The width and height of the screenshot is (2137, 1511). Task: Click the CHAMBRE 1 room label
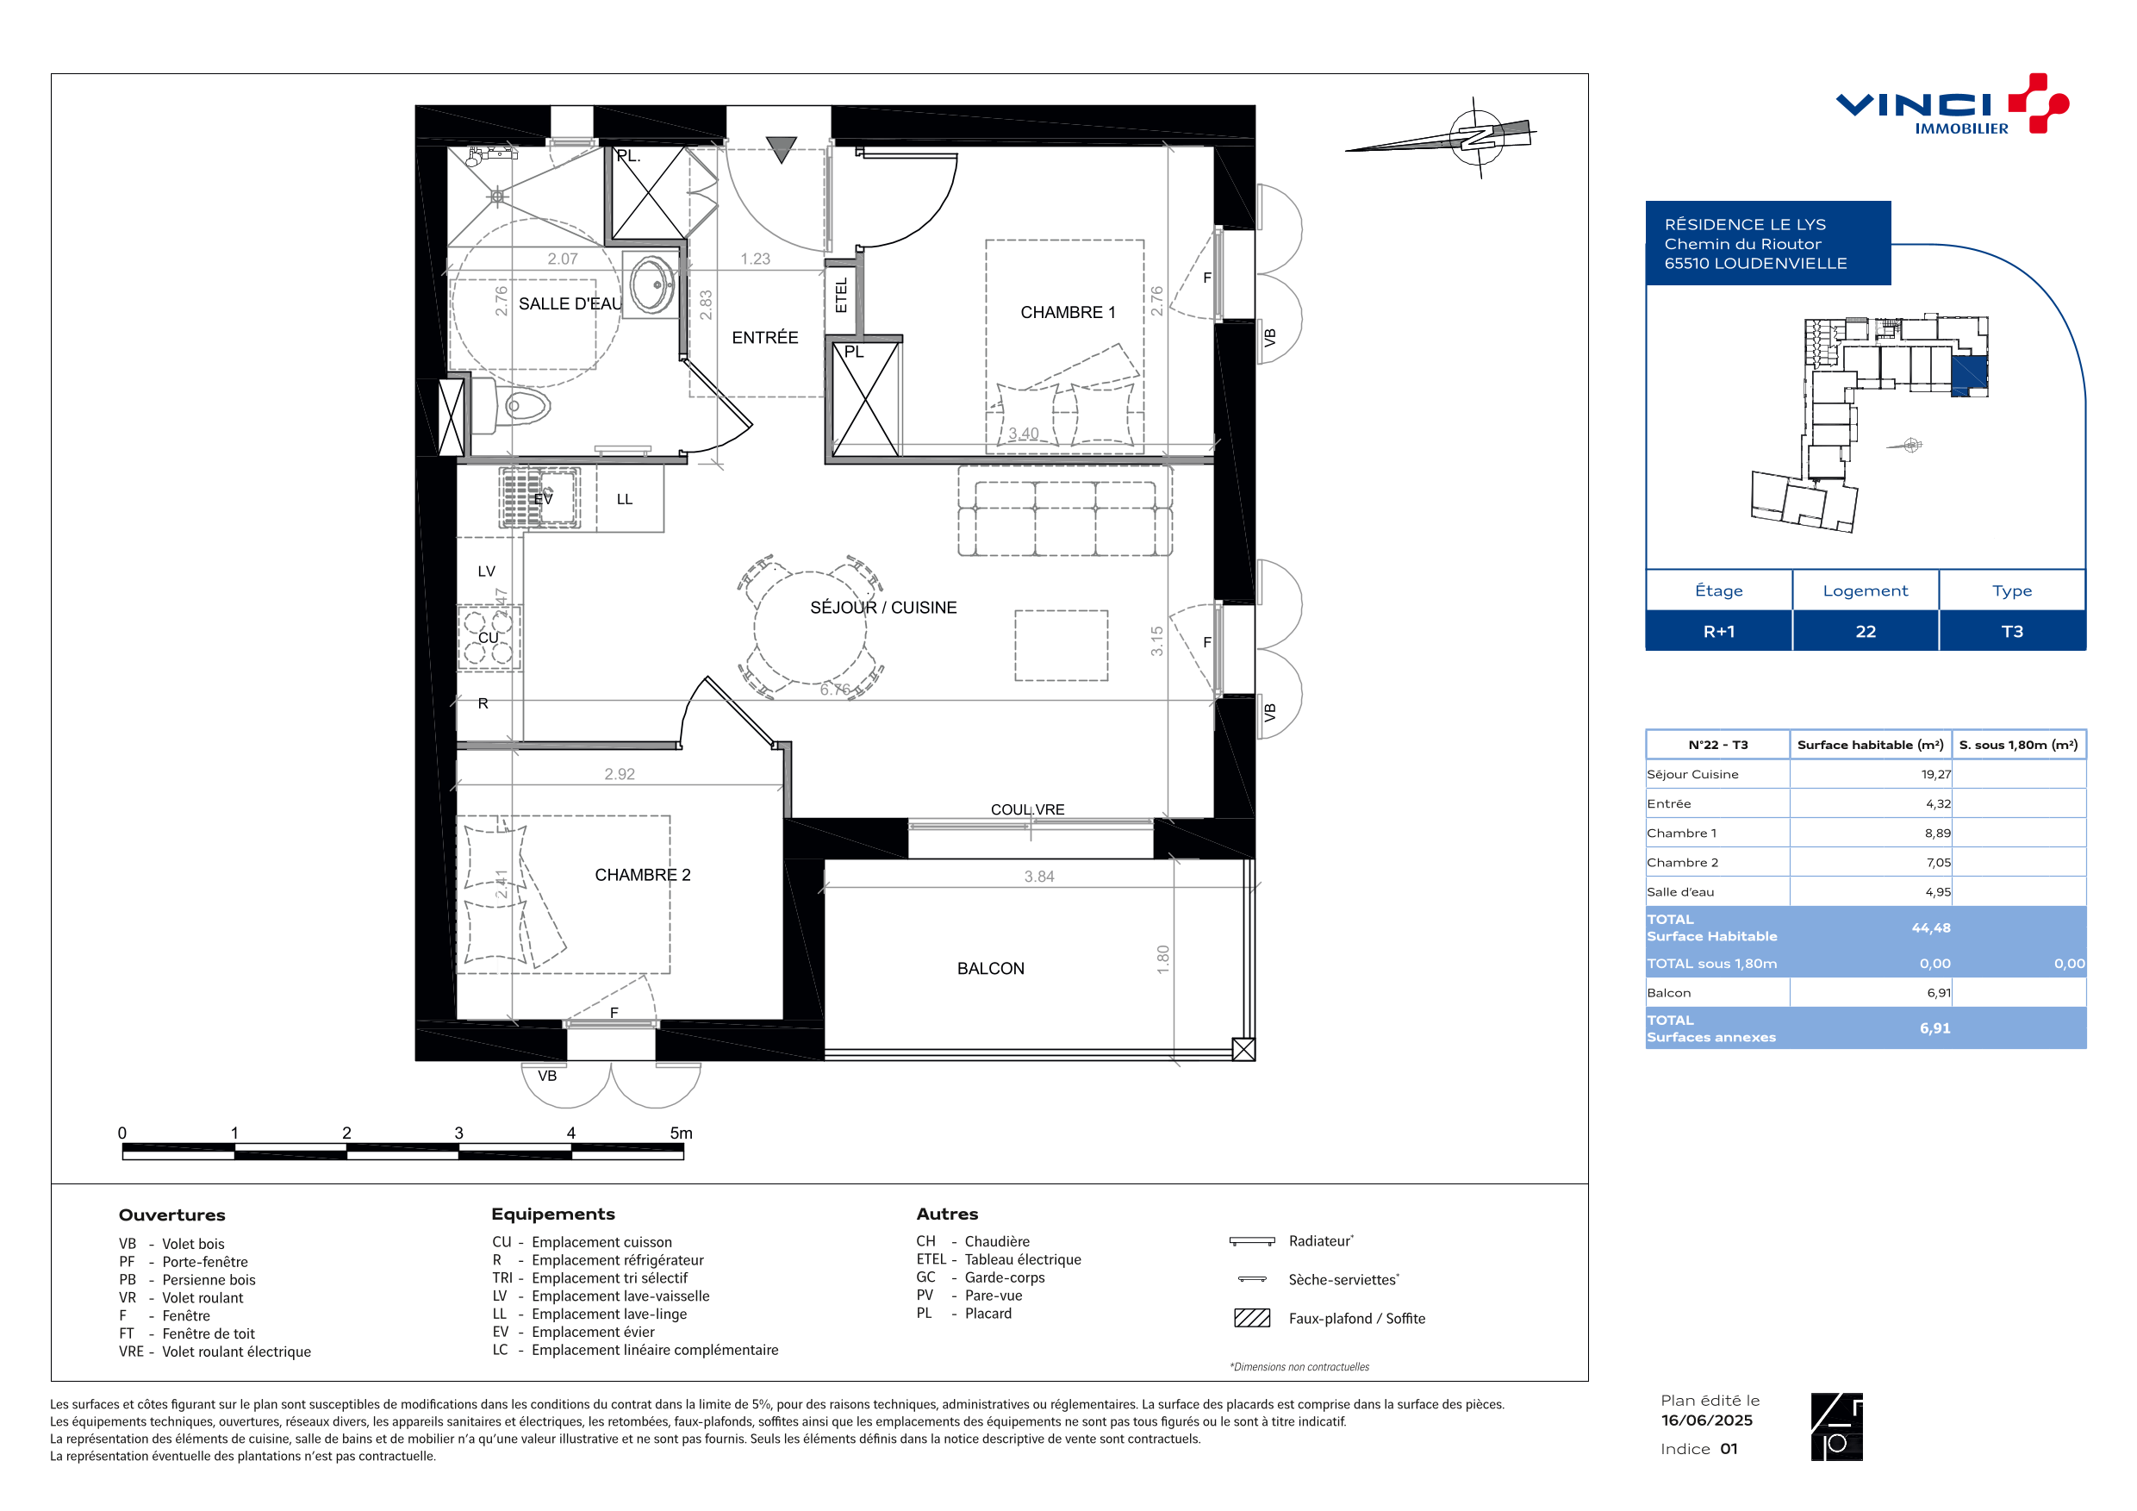[1068, 313]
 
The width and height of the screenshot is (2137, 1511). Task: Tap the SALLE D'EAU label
[570, 304]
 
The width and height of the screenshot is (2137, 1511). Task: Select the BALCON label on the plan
[990, 969]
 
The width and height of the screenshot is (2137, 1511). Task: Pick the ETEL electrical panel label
[841, 295]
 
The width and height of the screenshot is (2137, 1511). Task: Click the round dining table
[810, 628]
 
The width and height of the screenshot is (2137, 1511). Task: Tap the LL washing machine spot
[625, 500]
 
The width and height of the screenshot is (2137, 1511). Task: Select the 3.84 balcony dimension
[1038, 877]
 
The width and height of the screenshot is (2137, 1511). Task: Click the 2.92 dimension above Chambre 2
[619, 775]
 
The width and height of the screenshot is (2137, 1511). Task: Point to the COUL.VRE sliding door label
[1027, 810]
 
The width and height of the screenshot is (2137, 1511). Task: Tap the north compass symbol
[1475, 137]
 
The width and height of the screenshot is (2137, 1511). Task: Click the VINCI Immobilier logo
[1951, 104]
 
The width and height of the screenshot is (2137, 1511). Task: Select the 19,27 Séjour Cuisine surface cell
[1936, 775]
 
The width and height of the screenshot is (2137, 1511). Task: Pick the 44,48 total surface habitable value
[1931, 928]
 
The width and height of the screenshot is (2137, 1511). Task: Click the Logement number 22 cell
[1866, 631]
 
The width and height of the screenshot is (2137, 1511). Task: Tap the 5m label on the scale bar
[682, 1133]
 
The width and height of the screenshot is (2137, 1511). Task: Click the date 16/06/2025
[1707, 1420]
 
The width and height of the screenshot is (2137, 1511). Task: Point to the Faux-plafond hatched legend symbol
[1252, 1318]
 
